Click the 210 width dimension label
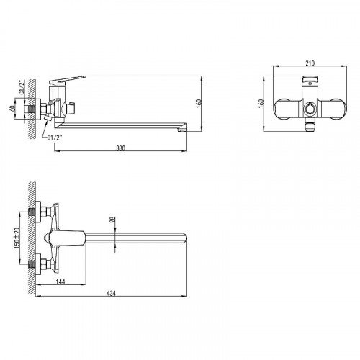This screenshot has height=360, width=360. (x=310, y=63)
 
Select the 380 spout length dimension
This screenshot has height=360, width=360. (x=121, y=148)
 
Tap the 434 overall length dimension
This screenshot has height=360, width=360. (x=111, y=293)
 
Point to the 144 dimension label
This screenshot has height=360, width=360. (x=60, y=282)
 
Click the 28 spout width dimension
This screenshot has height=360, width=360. (x=112, y=220)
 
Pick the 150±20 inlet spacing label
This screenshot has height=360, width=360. (x=17, y=238)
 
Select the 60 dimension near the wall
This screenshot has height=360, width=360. (x=12, y=108)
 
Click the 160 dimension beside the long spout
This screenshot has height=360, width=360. (x=199, y=104)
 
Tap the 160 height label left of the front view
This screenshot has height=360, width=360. (x=261, y=104)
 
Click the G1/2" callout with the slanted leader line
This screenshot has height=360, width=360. (x=55, y=138)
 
